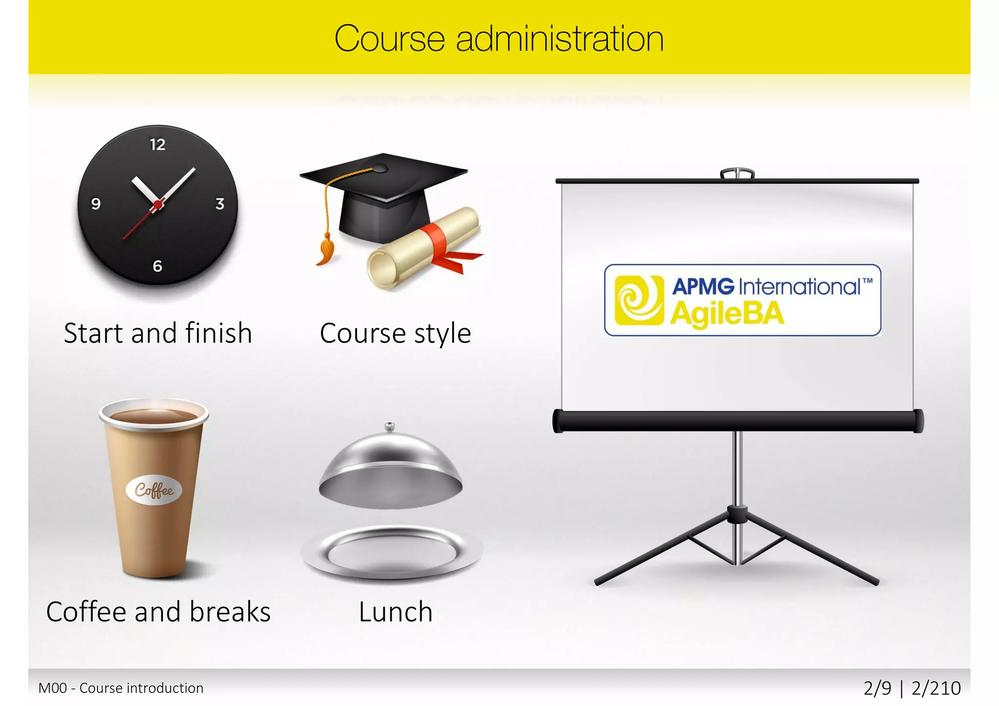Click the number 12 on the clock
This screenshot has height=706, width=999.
[x=158, y=144]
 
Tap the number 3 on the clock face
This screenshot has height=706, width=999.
[x=220, y=204]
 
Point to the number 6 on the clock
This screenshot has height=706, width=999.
[x=157, y=266]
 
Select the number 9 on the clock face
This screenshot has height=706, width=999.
[x=96, y=204]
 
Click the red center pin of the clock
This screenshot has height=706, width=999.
[x=158, y=204]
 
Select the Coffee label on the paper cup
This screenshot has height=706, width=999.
[x=154, y=490]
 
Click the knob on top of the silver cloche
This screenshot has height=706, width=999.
[x=389, y=427]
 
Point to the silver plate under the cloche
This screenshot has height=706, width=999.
[x=392, y=553]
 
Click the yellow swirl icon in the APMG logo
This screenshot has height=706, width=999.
[x=639, y=300]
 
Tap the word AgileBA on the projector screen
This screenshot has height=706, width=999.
[x=727, y=314]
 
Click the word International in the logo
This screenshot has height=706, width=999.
[x=800, y=286]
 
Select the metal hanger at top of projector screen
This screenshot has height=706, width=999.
[x=737, y=173]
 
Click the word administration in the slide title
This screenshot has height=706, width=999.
[x=559, y=39]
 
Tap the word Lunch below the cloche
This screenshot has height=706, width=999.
[x=396, y=612]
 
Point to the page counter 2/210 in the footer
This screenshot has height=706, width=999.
[x=936, y=688]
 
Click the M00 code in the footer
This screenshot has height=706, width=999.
[x=53, y=688]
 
